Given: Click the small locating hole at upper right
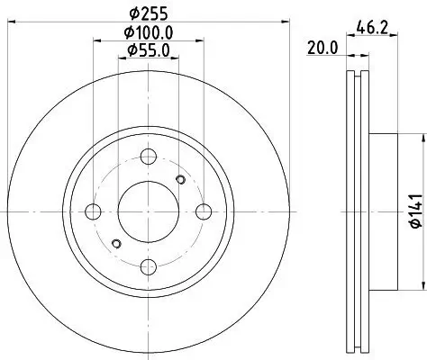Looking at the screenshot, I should pos(181,182).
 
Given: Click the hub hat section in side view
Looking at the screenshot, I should pos(382,211).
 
